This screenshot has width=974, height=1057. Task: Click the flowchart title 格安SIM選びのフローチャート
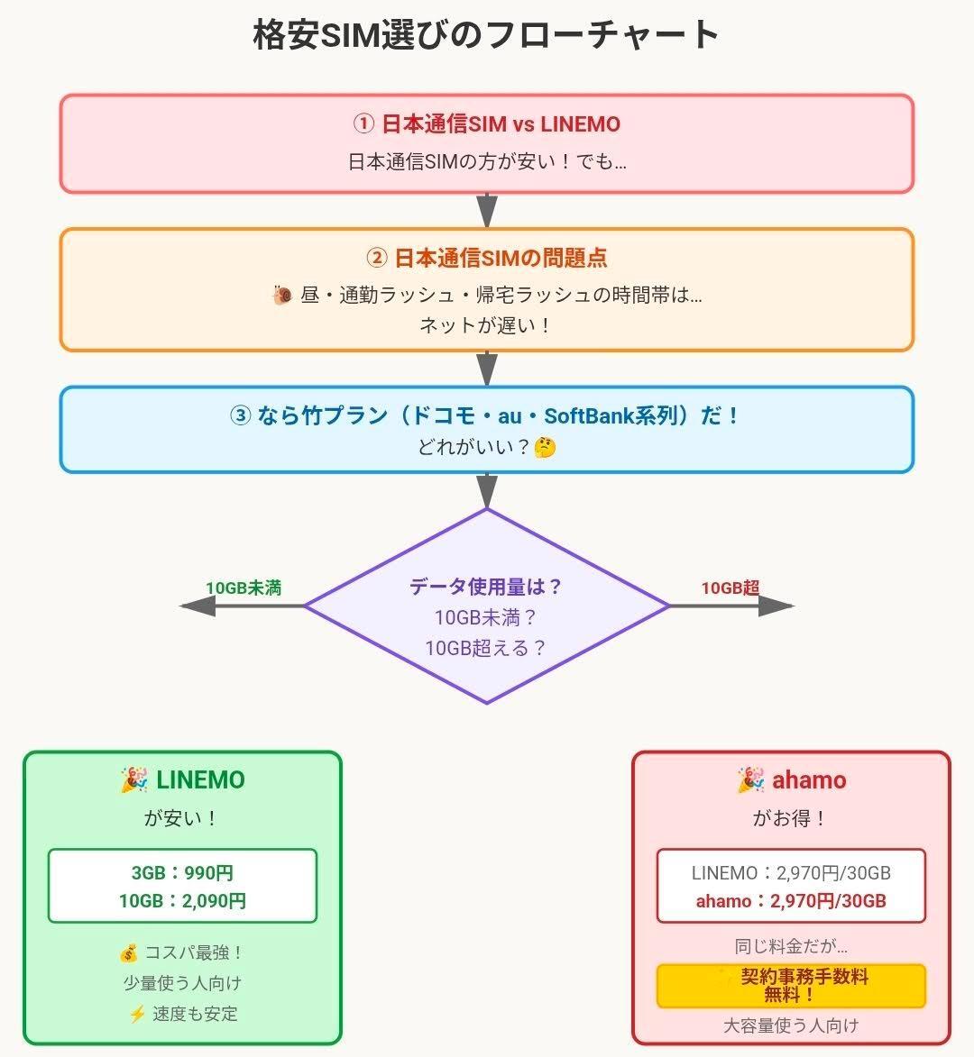[x=486, y=35]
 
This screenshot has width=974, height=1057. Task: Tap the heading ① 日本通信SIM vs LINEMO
[x=486, y=123]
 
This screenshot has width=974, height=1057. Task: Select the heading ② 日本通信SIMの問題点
[x=486, y=258]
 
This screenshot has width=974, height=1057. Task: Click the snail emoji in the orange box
[x=281, y=295]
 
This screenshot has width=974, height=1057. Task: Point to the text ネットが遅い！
[x=486, y=325]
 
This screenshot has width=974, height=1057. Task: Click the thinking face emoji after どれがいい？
[x=545, y=447]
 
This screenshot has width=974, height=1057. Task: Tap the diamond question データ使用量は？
[x=486, y=587]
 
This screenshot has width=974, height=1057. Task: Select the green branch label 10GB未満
[x=243, y=588]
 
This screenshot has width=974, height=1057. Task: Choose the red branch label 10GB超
[x=730, y=588]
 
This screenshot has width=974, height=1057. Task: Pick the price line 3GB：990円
[x=182, y=872]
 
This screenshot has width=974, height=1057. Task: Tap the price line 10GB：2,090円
[x=182, y=901]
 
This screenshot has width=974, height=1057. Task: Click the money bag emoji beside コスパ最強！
[x=128, y=953]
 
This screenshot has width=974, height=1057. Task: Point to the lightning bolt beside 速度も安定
[x=137, y=1014]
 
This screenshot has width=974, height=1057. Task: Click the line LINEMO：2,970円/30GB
[x=791, y=872]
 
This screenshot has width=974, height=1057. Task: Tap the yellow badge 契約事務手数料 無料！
[x=791, y=985]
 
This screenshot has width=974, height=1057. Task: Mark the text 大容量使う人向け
[x=791, y=1025]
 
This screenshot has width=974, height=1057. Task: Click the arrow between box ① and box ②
[x=487, y=211]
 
